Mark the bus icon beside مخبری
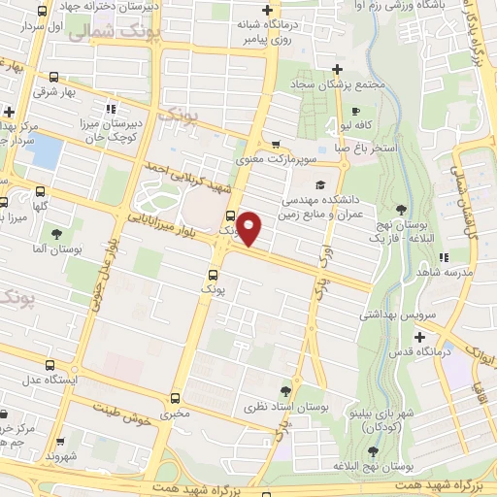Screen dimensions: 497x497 [174, 397]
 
